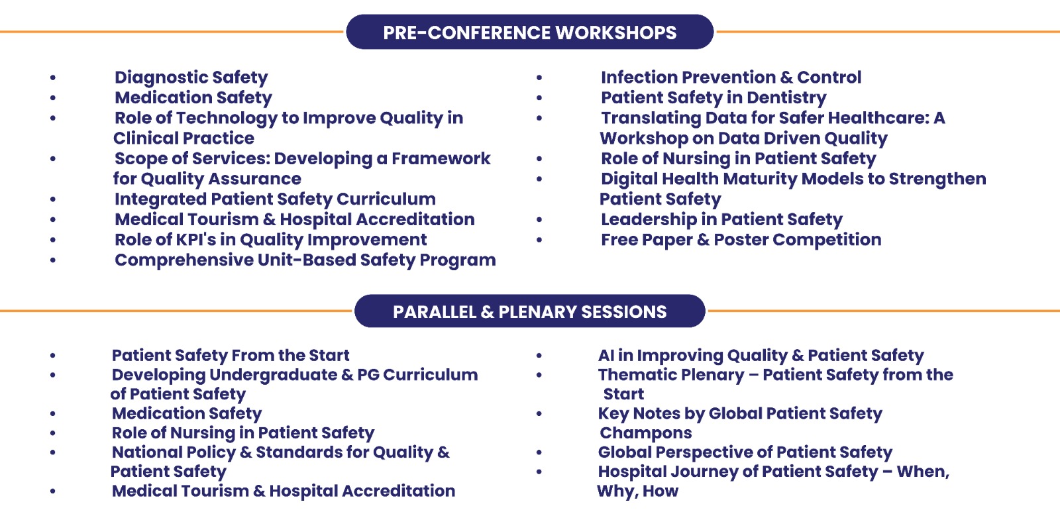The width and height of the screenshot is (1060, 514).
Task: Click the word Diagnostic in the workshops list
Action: coord(161,77)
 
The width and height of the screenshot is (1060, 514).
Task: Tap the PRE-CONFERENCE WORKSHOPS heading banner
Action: coord(529,32)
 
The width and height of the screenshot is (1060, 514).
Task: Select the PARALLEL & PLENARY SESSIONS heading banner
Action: coord(529,311)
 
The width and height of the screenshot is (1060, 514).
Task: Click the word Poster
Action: coord(741,240)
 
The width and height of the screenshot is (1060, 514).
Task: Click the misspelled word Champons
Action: coord(645,433)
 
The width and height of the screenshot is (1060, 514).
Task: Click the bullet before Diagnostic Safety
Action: coord(53,77)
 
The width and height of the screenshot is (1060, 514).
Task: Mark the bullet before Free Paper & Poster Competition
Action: coord(539,240)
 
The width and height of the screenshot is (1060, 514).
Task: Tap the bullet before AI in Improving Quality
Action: coord(539,356)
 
